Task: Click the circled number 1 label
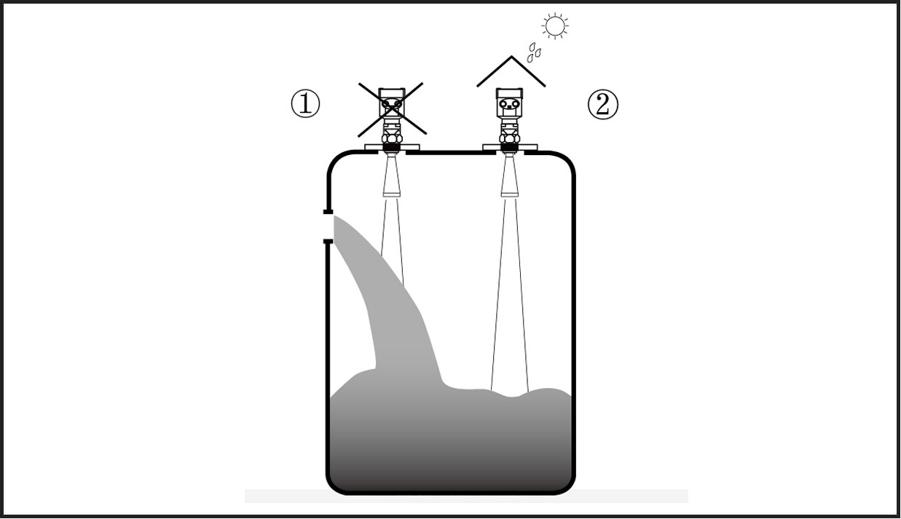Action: (305, 104)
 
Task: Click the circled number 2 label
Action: (602, 105)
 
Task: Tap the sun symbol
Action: (555, 26)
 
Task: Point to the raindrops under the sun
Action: (534, 52)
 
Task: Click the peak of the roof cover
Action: (511, 56)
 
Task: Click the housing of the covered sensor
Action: (509, 103)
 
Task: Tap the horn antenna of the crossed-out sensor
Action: (392, 175)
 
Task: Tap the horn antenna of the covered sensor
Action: (510, 175)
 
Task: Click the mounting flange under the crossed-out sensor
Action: (392, 147)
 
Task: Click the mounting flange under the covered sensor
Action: (510, 147)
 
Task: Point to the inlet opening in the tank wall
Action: (328, 226)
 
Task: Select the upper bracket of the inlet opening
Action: (328, 212)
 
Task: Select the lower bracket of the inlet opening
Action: (328, 242)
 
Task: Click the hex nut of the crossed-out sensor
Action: (392, 138)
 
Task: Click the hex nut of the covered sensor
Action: (510, 138)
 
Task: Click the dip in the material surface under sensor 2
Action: (511, 397)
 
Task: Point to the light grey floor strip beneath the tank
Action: (467, 496)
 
